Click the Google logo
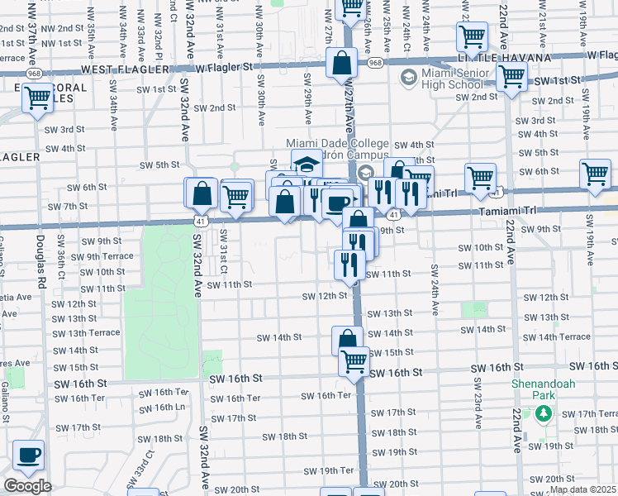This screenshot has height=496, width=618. click(x=26, y=486)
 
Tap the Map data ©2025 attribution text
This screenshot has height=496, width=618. click(x=583, y=489)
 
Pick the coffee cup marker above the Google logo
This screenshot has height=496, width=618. click(x=29, y=455)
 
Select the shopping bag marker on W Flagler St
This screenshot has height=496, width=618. click(x=341, y=63)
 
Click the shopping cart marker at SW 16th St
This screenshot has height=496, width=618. click(x=354, y=360)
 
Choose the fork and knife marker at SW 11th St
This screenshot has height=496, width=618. click(x=349, y=265)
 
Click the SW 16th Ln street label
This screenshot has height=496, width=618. click(x=156, y=407)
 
